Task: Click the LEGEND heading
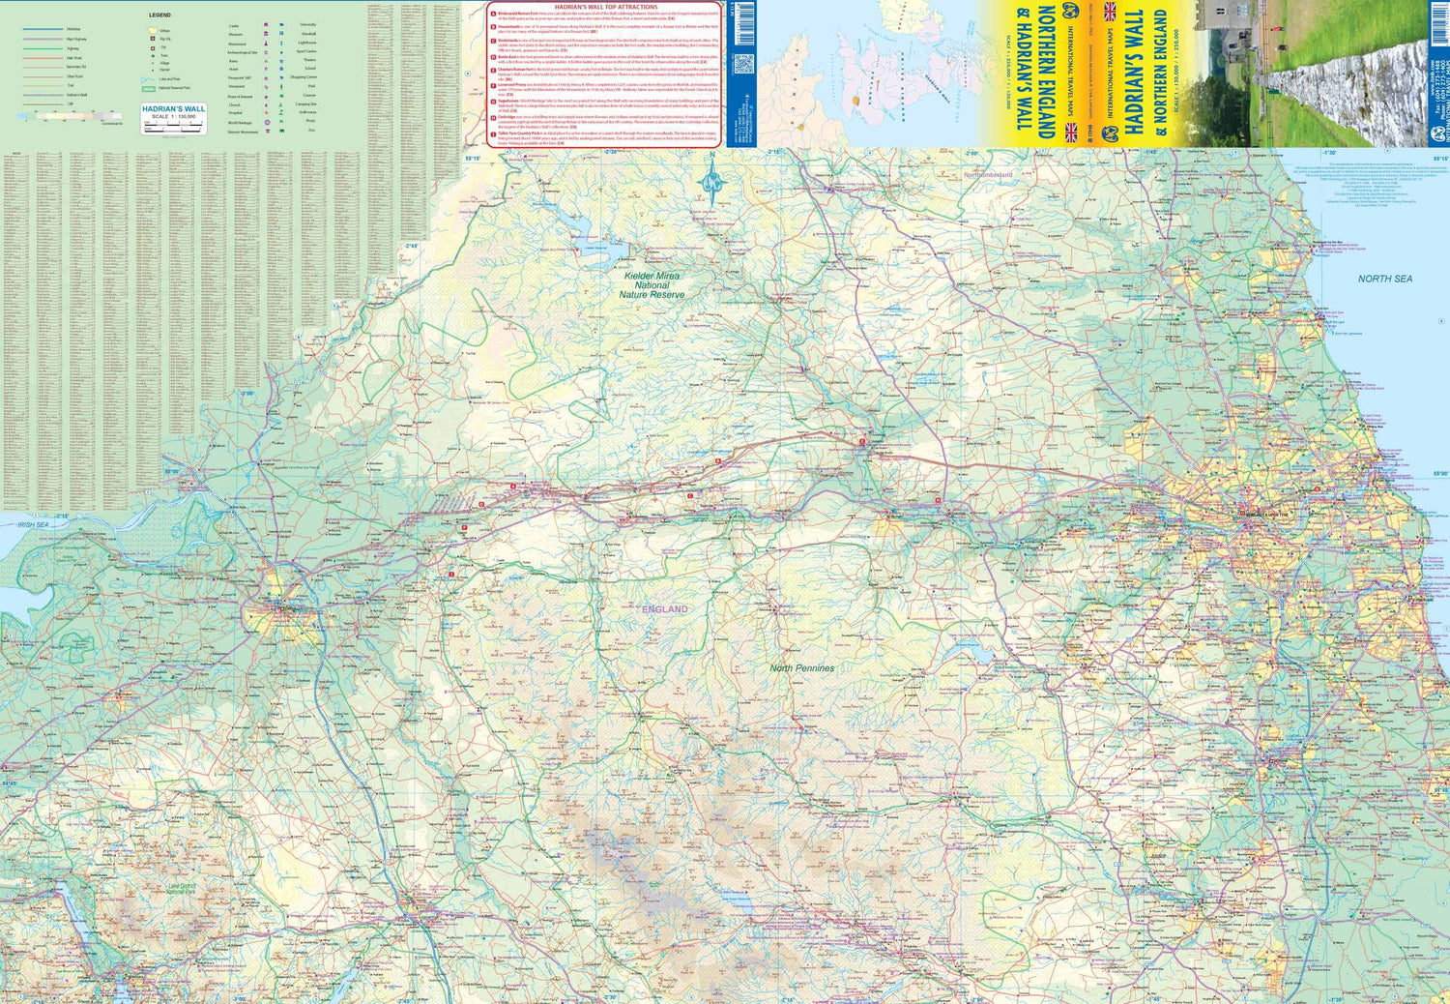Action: pos(159,15)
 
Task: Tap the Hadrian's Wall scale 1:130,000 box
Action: pos(173,119)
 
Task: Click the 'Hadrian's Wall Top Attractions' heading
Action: pos(606,7)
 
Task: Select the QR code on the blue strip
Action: pos(742,65)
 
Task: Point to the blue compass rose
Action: pos(711,181)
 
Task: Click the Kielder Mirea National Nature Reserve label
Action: pos(652,285)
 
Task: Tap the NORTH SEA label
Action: pos(1384,279)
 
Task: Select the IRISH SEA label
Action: pos(33,525)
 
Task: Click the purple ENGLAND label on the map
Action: pos(665,609)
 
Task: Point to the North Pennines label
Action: pos(801,668)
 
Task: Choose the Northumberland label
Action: pos(987,175)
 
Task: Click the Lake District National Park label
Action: pos(181,888)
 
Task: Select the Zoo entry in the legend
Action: pos(311,130)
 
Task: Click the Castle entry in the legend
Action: pos(234,26)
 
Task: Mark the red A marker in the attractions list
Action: pos(493,15)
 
